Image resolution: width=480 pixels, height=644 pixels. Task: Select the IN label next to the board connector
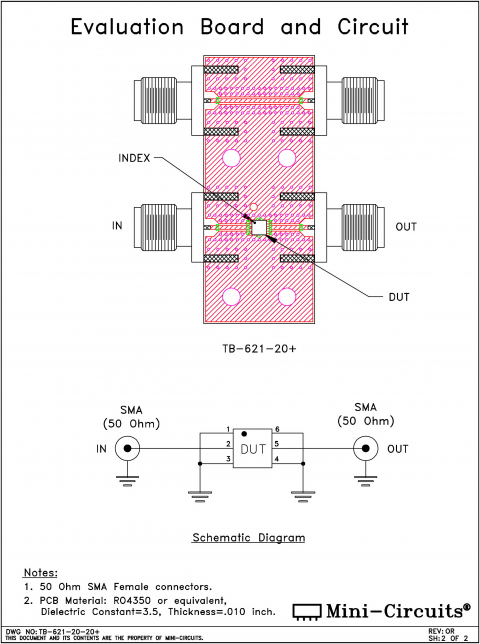click(x=117, y=227)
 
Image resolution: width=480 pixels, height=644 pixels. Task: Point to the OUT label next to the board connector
click(x=405, y=227)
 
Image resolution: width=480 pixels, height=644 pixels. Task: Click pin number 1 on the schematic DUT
click(x=229, y=429)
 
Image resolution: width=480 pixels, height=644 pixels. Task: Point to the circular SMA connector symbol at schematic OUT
click(x=368, y=448)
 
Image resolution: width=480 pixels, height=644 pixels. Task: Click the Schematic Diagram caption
click(x=248, y=537)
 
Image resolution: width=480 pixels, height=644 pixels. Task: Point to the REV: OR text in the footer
click(x=442, y=630)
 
